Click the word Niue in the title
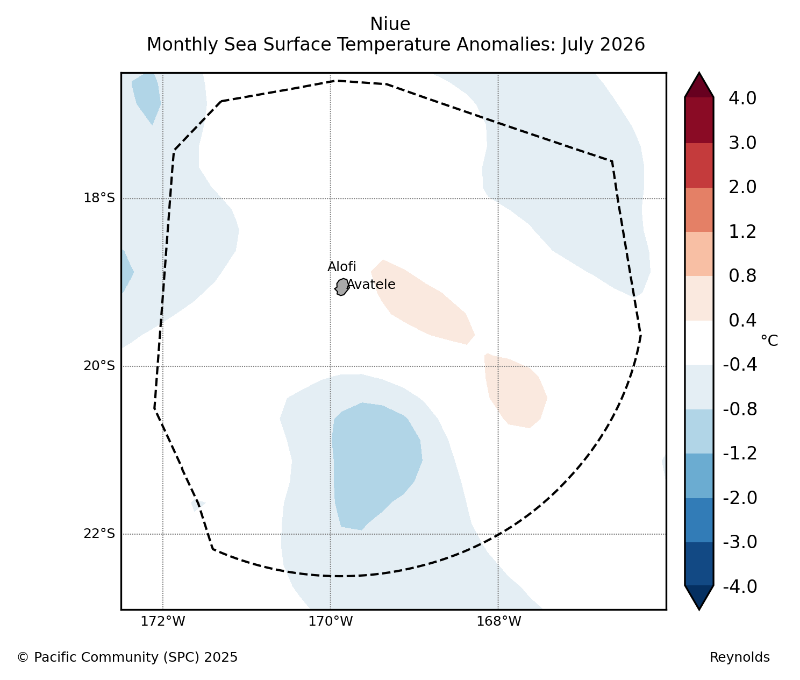390,24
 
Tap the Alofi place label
342,267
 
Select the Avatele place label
371,285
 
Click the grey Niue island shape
342,287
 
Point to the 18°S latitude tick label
99,199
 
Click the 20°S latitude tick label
99,366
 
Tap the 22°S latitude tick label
99,534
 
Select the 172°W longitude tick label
162,621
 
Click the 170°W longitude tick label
331,621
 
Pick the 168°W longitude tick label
498,621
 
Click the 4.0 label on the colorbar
742,98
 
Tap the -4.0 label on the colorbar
740,587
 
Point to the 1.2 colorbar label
742,232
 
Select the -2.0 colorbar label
740,498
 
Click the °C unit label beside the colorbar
769,341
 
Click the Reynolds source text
740,657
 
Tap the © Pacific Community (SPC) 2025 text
127,657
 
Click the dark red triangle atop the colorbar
699,85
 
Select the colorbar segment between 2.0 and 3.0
699,165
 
